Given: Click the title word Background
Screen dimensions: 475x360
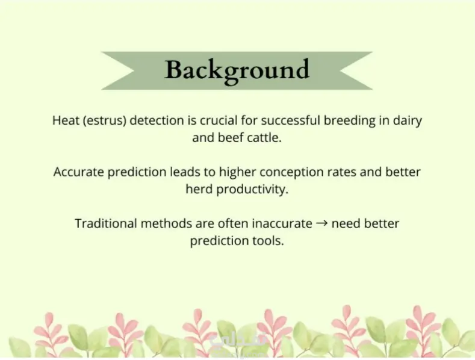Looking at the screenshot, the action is (x=237, y=71).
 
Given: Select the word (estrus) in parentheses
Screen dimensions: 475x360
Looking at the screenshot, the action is (x=104, y=120).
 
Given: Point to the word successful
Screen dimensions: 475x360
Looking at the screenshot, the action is (x=290, y=120).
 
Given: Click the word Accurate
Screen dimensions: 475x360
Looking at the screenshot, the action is (x=79, y=172).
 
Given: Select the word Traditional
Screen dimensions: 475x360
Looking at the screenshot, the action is (x=106, y=223).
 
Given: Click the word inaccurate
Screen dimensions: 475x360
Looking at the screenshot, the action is (x=282, y=223).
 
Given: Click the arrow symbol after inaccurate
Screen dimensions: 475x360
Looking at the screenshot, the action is (x=321, y=224).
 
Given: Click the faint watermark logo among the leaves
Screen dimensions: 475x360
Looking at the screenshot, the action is (x=238, y=343).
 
